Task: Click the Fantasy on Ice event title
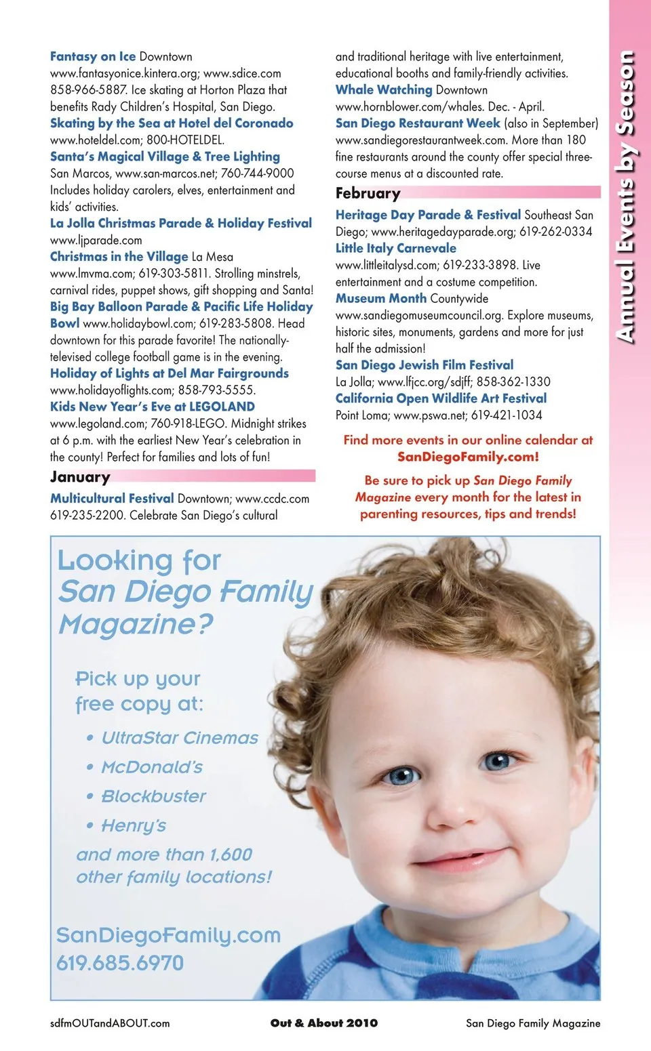[93, 57]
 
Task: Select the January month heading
[80, 477]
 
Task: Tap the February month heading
[368, 194]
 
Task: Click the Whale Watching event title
[383, 90]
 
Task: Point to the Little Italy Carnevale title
[395, 249]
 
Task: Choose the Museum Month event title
[380, 299]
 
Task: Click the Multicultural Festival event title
[112, 499]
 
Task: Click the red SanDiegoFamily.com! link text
[468, 457]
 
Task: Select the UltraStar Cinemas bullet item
[179, 738]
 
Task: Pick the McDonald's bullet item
[151, 767]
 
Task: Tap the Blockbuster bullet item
[153, 796]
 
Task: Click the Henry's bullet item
[134, 825]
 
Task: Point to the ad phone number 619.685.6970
[120, 963]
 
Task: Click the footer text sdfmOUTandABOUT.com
[110, 1023]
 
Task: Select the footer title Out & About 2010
[324, 1023]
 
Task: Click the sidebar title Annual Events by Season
[627, 197]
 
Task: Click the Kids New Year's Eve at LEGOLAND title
[153, 407]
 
